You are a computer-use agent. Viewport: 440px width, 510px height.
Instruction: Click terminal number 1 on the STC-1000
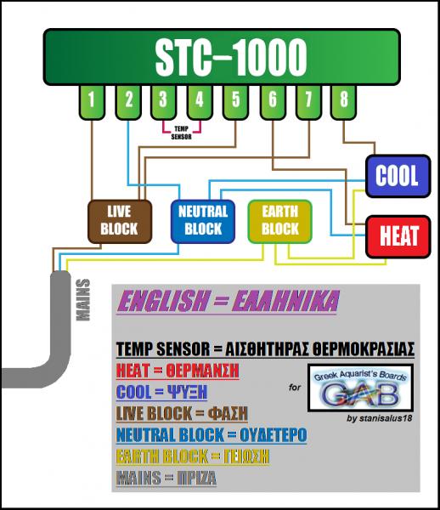[x=92, y=102]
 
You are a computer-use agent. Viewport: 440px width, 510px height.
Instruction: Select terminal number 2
[x=128, y=102]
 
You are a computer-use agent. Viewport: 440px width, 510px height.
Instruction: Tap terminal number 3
[x=163, y=102]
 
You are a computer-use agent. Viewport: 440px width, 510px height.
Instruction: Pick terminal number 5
[x=236, y=102]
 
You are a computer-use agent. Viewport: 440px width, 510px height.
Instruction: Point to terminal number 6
[x=273, y=102]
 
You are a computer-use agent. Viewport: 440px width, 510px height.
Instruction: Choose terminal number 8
[x=343, y=102]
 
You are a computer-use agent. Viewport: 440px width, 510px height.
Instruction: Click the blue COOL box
[x=398, y=176]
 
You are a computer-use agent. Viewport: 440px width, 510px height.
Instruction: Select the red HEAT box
[x=398, y=236]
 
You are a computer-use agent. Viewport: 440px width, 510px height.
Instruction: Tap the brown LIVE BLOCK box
[x=120, y=222]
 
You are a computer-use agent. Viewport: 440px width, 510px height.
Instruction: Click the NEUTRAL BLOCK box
[x=203, y=222]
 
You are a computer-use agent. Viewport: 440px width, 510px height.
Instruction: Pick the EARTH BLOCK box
[x=279, y=222]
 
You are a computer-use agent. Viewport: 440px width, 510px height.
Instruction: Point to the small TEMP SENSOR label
[x=181, y=133]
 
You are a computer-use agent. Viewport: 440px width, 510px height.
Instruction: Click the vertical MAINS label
[x=82, y=300]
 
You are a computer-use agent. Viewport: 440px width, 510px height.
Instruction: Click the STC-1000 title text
[x=231, y=57]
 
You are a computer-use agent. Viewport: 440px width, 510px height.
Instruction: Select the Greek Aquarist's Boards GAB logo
[x=360, y=388]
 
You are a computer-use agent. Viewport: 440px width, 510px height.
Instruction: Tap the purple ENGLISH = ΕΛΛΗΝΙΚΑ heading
[x=228, y=301]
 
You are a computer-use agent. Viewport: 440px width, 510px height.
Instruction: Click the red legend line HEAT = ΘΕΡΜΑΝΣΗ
[x=178, y=371]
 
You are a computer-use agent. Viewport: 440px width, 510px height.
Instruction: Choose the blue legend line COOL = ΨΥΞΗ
[x=161, y=392]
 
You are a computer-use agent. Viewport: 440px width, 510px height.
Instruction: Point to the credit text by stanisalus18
[x=379, y=418]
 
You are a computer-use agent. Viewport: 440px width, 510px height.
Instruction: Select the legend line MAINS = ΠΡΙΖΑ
[x=166, y=478]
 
